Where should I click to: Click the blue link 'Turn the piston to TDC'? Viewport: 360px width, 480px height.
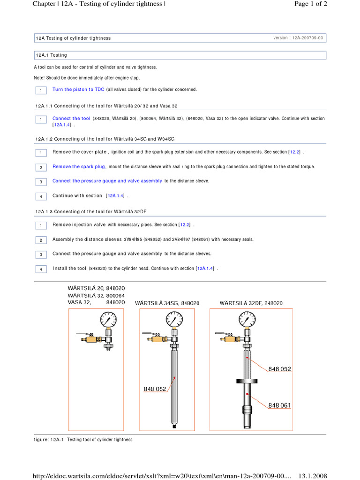click(78, 90)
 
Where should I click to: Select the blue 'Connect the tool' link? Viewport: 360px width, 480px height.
click(71, 119)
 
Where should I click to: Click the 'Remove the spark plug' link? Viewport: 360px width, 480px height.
click(79, 167)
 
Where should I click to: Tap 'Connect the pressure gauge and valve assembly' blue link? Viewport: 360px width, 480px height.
click(107, 181)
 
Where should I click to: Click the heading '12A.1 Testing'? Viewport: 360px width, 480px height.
click(52, 55)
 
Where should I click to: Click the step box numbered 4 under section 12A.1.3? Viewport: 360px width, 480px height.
click(41, 269)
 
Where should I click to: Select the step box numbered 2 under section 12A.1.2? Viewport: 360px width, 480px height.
click(41, 167)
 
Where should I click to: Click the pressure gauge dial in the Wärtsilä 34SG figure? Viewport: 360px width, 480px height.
click(174, 321)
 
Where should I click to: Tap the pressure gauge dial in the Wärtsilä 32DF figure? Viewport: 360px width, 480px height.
click(247, 321)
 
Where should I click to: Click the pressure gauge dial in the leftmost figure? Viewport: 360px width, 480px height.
click(108, 321)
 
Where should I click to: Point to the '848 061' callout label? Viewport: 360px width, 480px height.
click(280, 405)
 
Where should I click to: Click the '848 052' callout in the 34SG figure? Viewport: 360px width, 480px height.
click(155, 389)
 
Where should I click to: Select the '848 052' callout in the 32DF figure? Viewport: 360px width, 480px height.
click(280, 369)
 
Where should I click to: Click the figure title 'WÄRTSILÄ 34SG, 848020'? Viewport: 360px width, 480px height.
click(167, 303)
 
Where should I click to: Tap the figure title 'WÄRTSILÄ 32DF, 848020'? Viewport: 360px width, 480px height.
click(251, 303)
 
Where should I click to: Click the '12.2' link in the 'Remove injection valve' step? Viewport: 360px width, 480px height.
click(186, 225)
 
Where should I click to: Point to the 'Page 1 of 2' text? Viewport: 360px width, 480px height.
click(310, 4)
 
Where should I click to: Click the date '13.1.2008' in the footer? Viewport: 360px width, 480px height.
click(313, 476)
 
